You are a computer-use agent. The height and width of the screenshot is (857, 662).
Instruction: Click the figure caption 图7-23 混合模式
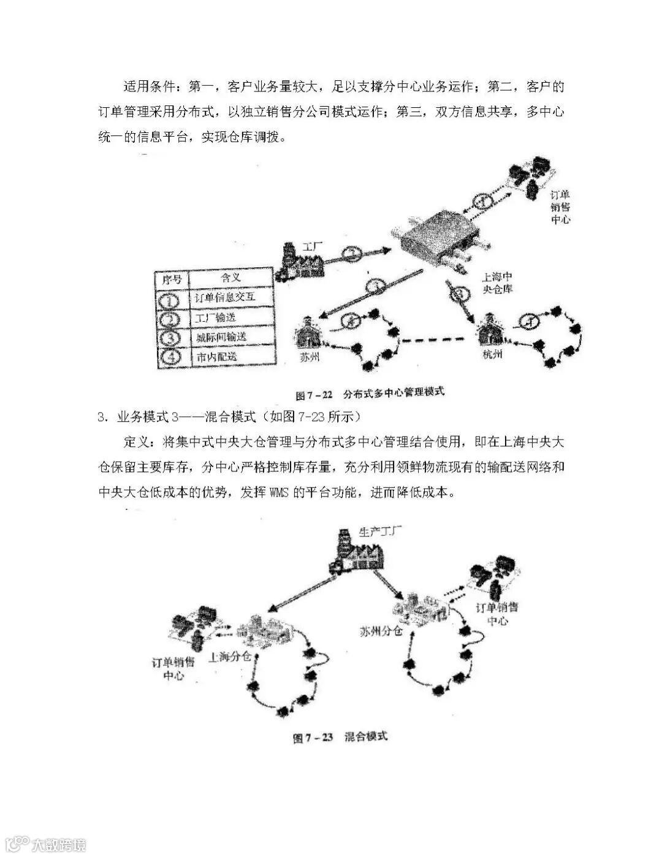click(x=341, y=736)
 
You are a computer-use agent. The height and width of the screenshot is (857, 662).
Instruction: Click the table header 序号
click(x=172, y=279)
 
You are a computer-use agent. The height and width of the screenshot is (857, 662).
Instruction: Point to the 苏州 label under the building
click(x=309, y=356)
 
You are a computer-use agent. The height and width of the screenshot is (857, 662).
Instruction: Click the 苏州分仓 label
click(x=381, y=630)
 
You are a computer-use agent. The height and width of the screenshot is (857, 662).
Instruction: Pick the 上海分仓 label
click(x=230, y=657)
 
